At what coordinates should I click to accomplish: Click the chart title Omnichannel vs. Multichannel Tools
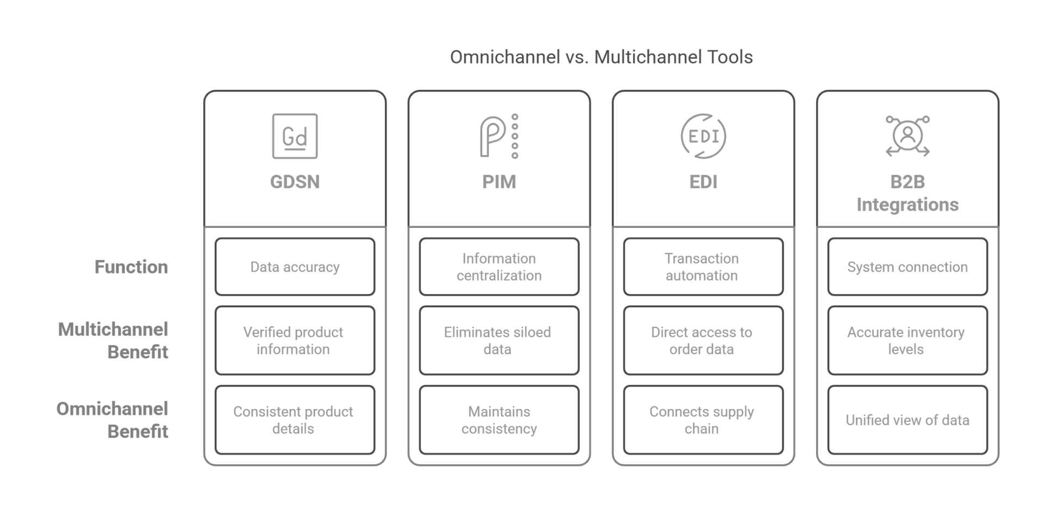click(601, 57)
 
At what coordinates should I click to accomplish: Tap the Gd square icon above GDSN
click(294, 136)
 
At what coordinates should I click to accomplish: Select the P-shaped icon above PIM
click(499, 136)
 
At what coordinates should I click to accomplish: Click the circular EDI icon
click(703, 136)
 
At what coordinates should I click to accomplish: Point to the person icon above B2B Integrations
click(907, 136)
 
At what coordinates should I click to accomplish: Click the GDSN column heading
click(295, 182)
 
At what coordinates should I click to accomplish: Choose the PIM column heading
click(499, 182)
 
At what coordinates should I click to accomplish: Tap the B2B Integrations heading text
click(908, 193)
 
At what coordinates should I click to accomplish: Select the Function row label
click(131, 267)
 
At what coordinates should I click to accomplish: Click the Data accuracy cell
click(295, 267)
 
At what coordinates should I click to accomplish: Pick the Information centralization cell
click(499, 267)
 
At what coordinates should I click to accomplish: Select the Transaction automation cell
click(703, 267)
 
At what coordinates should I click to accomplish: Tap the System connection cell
click(907, 267)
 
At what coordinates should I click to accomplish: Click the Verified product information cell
click(294, 340)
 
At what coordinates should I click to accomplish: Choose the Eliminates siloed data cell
click(499, 340)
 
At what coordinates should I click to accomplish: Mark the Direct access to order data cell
click(703, 340)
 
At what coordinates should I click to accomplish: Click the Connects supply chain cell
click(703, 420)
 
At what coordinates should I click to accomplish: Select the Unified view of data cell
click(907, 420)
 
